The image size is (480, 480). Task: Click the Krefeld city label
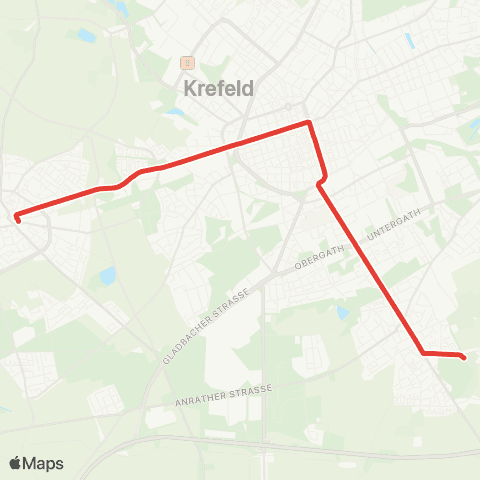click(x=219, y=88)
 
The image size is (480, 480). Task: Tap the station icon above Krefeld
click(x=186, y=62)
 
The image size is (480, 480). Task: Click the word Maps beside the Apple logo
click(x=44, y=464)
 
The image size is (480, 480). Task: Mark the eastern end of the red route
click(x=465, y=356)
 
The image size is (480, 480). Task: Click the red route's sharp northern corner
click(x=309, y=123)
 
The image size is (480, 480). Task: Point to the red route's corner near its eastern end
click(x=424, y=353)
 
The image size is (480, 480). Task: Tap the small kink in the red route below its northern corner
click(x=319, y=183)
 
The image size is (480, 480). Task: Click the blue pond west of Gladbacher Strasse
click(x=107, y=276)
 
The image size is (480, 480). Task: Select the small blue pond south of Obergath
click(x=343, y=313)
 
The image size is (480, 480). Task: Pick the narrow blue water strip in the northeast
click(x=410, y=41)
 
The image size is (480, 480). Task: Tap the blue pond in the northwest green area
click(x=87, y=36)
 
